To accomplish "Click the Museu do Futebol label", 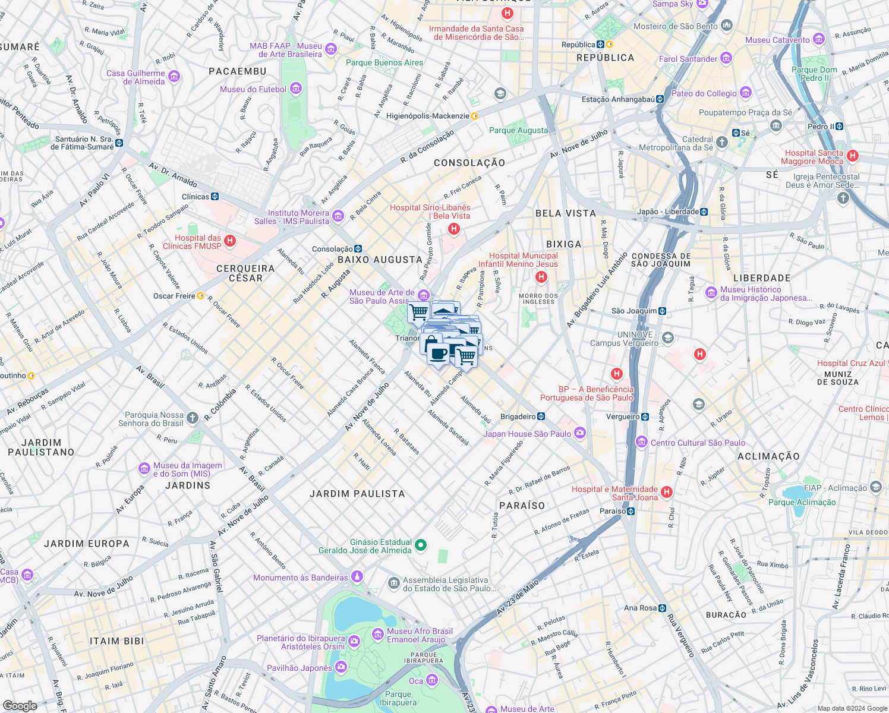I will [x=253, y=89].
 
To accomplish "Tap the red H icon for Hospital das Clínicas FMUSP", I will [x=231, y=241].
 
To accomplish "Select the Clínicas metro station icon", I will [x=215, y=197].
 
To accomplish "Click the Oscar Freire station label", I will [x=174, y=296].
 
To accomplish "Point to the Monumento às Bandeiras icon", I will [x=357, y=576].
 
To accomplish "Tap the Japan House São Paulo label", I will [x=527, y=434].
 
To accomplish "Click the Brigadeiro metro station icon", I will [x=541, y=417].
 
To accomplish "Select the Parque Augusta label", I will [x=518, y=130].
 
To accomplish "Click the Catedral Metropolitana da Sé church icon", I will [x=722, y=142].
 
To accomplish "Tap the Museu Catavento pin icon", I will [x=819, y=40].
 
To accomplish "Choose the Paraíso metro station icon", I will [x=631, y=511].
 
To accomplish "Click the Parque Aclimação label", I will [x=802, y=502].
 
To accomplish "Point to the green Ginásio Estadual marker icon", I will [x=421, y=545].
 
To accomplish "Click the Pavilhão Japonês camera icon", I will [x=341, y=667].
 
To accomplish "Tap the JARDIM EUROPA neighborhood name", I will [x=87, y=544].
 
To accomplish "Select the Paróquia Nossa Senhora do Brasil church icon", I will [x=193, y=418].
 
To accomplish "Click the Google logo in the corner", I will [x=20, y=705].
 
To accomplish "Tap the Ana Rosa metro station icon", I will [x=662, y=608].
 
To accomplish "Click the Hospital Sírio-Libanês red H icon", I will [x=454, y=229].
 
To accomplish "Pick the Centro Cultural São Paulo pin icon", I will [x=641, y=442].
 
